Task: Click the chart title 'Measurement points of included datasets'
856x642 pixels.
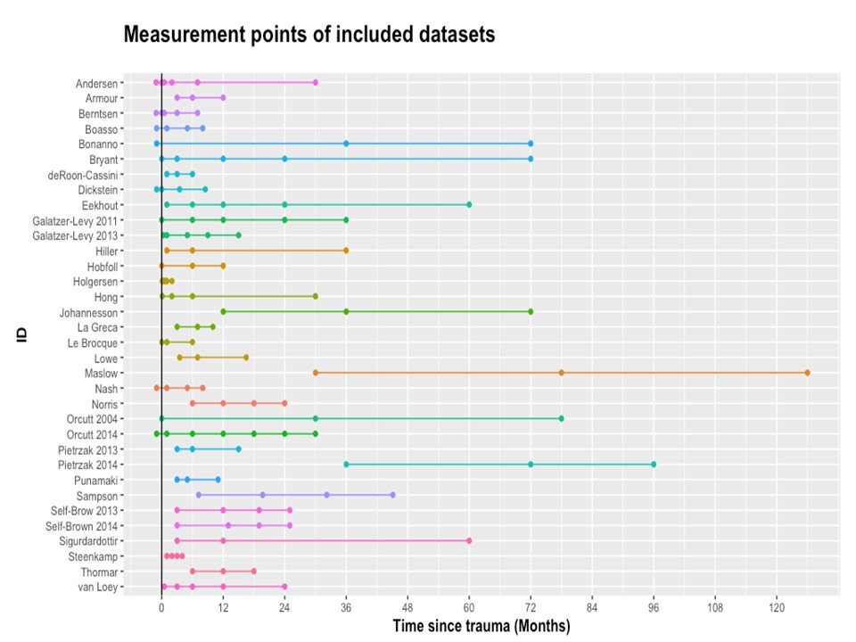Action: pyautogui.click(x=309, y=35)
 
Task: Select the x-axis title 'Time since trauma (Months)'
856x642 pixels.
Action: pyautogui.click(x=481, y=626)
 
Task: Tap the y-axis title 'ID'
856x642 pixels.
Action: pyautogui.click(x=21, y=334)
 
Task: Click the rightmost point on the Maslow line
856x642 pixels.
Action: pyautogui.click(x=807, y=373)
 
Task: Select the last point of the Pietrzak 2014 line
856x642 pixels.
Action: pyautogui.click(x=654, y=465)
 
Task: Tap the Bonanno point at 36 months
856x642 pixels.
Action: pyautogui.click(x=346, y=144)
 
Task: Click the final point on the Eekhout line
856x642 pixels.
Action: pyautogui.click(x=469, y=205)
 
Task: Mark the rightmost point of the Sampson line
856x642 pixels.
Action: pyautogui.click(x=392, y=495)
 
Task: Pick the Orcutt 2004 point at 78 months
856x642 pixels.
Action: pyautogui.click(x=561, y=418)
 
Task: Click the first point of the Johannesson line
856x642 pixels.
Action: pyautogui.click(x=223, y=312)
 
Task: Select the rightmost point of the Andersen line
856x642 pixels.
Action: pyautogui.click(x=315, y=82)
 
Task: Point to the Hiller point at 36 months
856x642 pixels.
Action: pyautogui.click(x=346, y=251)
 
